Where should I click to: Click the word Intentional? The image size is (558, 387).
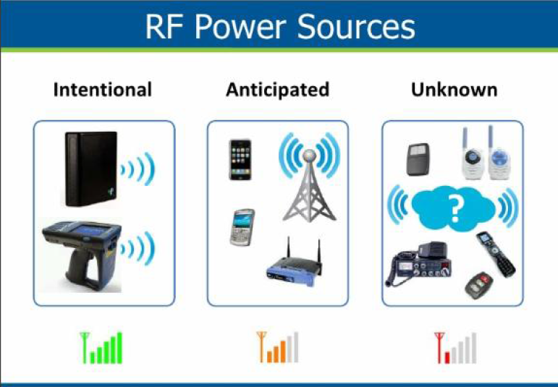[x=103, y=90]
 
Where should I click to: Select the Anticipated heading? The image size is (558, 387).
[x=278, y=90]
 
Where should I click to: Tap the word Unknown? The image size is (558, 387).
[x=454, y=90]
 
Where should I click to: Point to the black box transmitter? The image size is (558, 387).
[x=91, y=169]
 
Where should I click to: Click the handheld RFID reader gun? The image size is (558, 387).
[x=82, y=255]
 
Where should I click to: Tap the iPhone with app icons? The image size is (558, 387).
[x=240, y=160]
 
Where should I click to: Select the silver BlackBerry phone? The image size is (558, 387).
[x=242, y=227]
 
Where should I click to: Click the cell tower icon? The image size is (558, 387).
[x=309, y=185]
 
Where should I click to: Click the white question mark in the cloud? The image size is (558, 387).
[x=455, y=209]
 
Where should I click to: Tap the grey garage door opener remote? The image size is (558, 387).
[x=418, y=159]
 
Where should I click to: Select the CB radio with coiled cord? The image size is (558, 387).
[x=419, y=263]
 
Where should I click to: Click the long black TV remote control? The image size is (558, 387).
[x=496, y=254]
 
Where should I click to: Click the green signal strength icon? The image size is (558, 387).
[x=101, y=348]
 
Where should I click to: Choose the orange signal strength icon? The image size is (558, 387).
[x=278, y=347]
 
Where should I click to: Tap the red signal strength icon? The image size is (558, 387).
[x=455, y=348]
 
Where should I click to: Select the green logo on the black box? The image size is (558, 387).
[x=111, y=192]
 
